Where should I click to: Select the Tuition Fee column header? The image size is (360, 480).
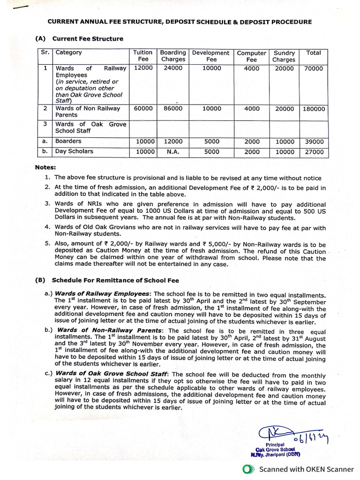tap(143, 56)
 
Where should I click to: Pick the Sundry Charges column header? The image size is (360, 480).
tap(284, 56)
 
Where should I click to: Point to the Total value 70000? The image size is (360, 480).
tap(314, 68)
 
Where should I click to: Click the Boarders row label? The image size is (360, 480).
tap(68, 141)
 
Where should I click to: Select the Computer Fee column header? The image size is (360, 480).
tap(252, 56)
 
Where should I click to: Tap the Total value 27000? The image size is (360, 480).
tap(314, 152)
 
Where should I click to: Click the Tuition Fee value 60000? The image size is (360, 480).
tap(143, 109)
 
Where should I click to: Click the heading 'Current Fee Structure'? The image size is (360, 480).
tap(88, 39)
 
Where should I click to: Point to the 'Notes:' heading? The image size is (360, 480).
tap(45, 167)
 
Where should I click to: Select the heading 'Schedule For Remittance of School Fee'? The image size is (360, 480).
tap(115, 281)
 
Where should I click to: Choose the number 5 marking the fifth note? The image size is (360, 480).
tap(47, 244)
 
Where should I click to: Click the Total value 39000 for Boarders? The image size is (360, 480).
tap(314, 142)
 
